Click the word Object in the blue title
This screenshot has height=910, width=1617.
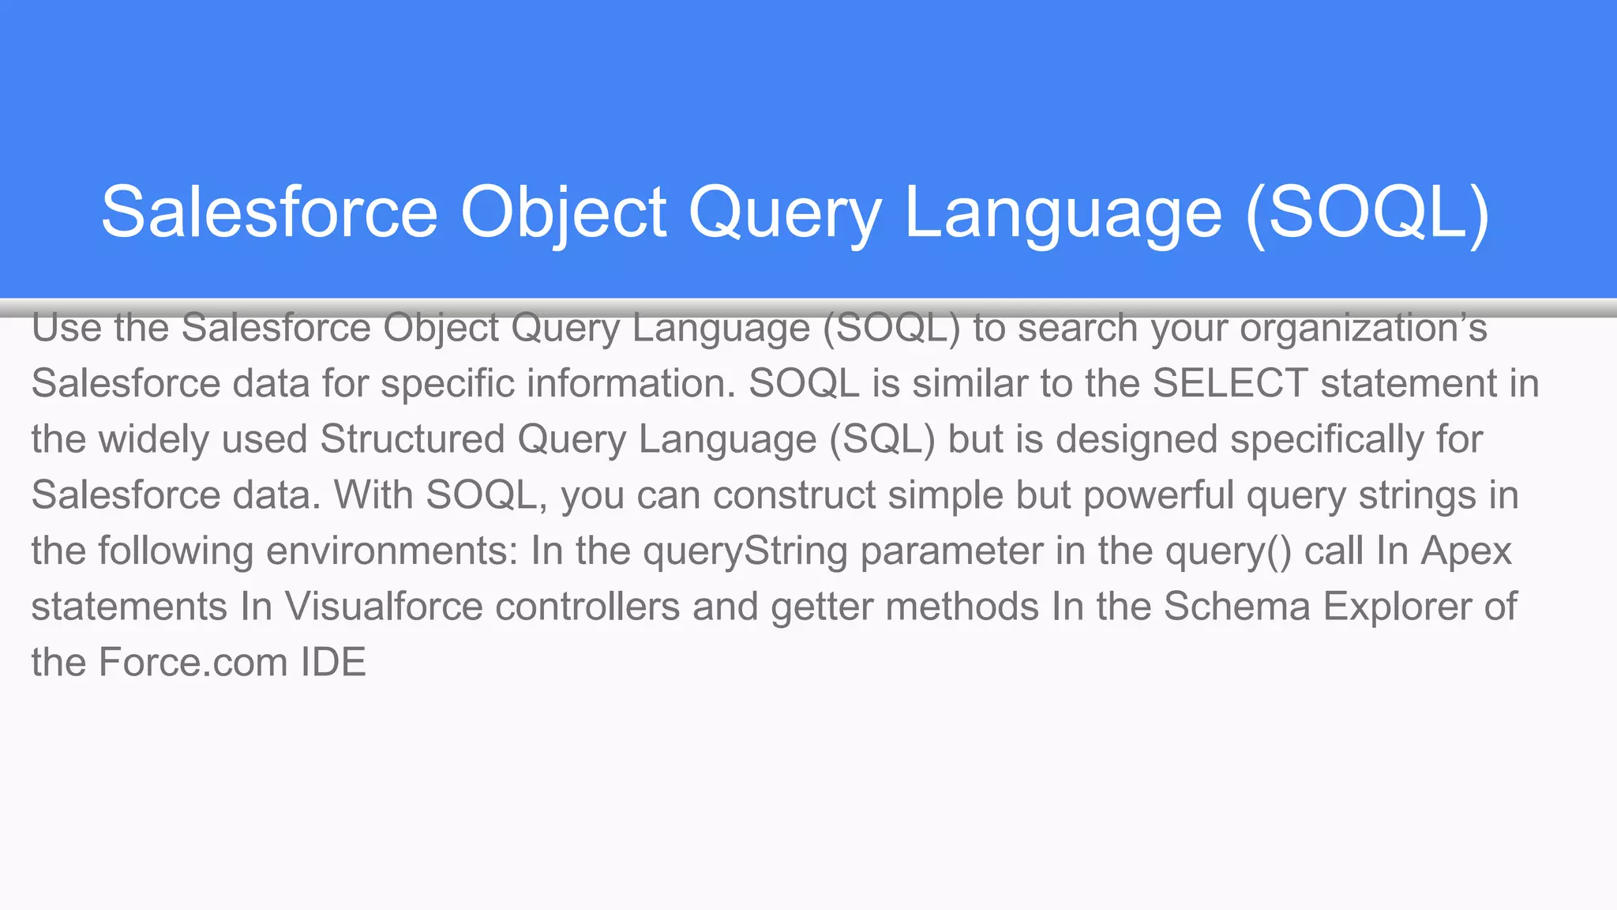[564, 212]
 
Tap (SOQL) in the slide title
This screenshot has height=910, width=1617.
[1367, 212]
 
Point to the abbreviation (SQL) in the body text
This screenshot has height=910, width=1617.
[882, 439]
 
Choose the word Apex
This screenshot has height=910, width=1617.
[1466, 551]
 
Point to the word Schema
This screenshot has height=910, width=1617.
[1237, 607]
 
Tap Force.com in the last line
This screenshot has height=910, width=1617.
[193, 662]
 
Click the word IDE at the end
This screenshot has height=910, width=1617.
[333, 662]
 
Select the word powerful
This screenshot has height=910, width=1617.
[1158, 495]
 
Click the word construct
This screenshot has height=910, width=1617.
[794, 495]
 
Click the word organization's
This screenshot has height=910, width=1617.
[1364, 329]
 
